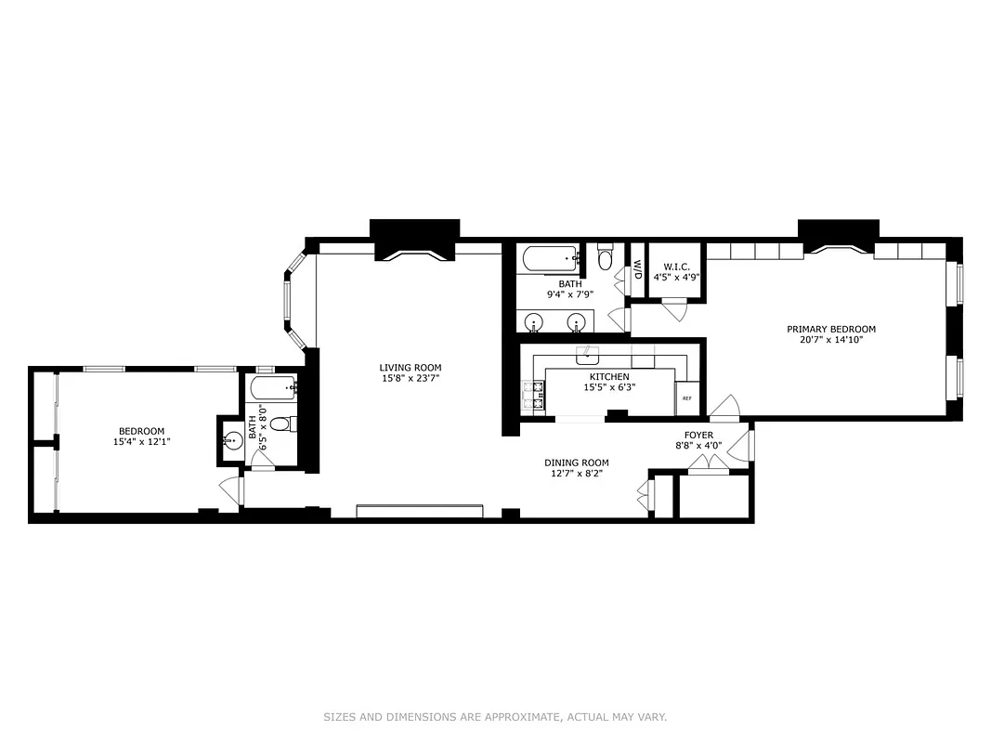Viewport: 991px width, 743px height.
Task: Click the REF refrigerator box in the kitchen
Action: tap(687, 398)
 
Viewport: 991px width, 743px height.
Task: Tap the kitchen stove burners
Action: tap(533, 398)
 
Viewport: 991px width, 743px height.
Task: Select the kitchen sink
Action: tap(588, 355)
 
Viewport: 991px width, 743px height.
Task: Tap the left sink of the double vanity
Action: tap(534, 322)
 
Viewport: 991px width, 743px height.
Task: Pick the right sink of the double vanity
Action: tap(577, 322)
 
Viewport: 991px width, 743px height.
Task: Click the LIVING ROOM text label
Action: tap(410, 367)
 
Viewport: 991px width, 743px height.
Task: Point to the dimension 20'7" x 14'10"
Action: tap(830, 340)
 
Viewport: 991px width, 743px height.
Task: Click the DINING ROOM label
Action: tap(576, 463)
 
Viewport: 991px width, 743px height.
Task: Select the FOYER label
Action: tap(698, 435)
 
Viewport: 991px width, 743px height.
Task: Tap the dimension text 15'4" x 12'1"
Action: tap(141, 442)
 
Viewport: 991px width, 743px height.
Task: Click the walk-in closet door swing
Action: tap(675, 310)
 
